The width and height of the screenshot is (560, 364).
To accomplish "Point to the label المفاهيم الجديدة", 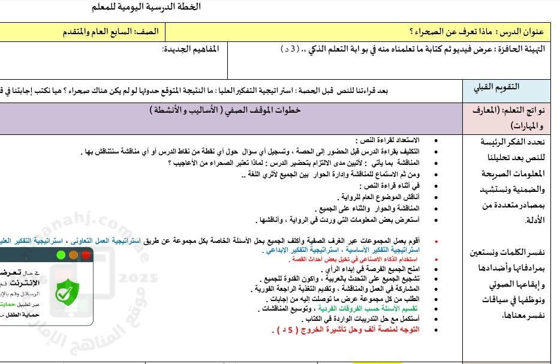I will tap(191, 48).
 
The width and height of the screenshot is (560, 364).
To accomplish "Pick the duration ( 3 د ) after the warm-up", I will tap(291, 48).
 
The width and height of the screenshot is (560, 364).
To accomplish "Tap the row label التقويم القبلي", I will tap(497, 87).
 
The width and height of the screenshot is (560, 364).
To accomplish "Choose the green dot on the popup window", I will tap(60, 255).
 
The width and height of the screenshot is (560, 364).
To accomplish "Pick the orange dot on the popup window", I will tap(73, 255).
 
